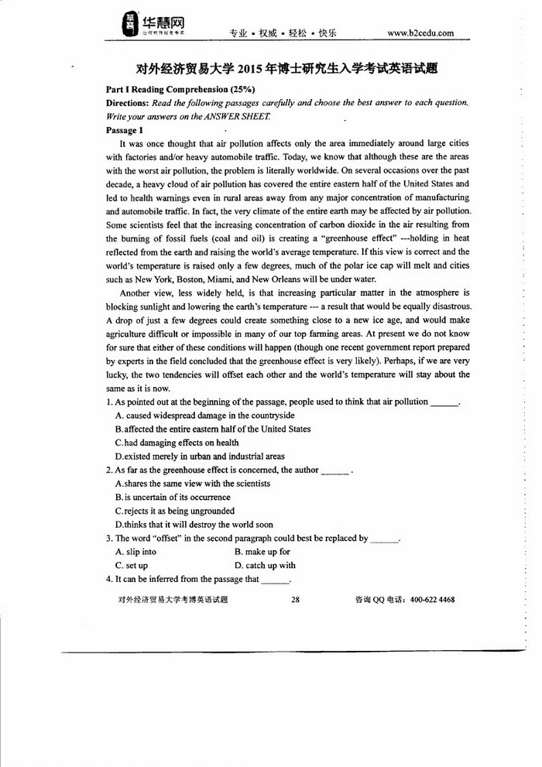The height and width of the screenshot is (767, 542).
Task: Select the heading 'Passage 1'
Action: pyautogui.click(x=125, y=130)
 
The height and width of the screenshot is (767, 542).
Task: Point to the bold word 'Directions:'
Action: pyautogui.click(x=127, y=103)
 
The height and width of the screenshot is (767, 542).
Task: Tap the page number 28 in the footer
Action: pyautogui.click(x=295, y=599)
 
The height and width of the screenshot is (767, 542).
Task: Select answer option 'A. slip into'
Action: pyautogui.click(x=135, y=552)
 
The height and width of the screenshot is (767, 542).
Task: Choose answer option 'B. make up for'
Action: pyautogui.click(x=262, y=552)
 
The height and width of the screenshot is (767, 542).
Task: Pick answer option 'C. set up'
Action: pyautogui.click(x=131, y=565)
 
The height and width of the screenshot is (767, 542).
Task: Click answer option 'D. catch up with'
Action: pyautogui.click(x=265, y=565)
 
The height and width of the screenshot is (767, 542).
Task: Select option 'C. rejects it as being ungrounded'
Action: pyautogui.click(x=174, y=511)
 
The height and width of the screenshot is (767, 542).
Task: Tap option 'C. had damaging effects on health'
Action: pyautogui.click(x=177, y=443)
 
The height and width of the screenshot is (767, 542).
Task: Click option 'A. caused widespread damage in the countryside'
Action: pyautogui.click(x=204, y=416)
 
